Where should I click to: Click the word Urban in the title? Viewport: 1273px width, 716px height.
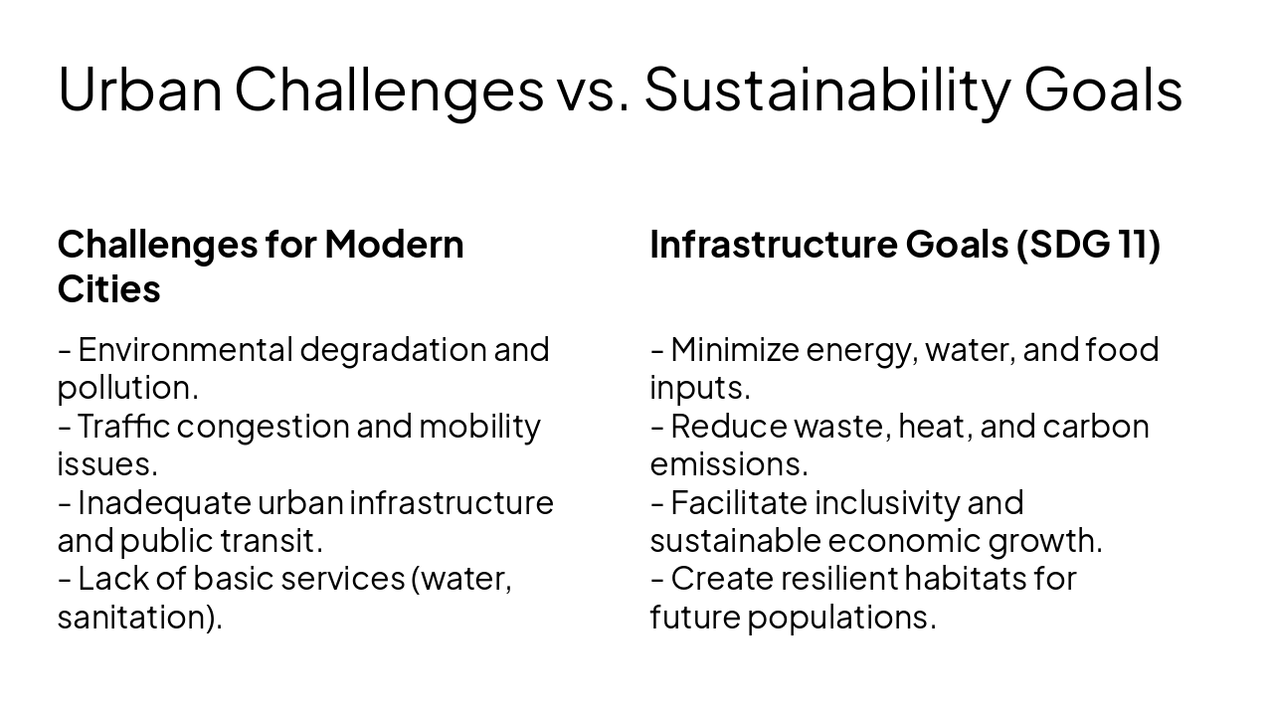[x=139, y=89]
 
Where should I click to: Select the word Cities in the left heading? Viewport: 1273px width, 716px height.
[x=108, y=289]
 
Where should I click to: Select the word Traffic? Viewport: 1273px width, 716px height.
[x=123, y=426]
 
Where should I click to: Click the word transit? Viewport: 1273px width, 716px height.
[x=284, y=541]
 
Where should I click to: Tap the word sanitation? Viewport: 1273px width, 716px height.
[x=137, y=617]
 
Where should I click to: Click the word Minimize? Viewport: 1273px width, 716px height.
[x=735, y=350]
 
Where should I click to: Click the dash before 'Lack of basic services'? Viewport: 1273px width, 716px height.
[x=64, y=579]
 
